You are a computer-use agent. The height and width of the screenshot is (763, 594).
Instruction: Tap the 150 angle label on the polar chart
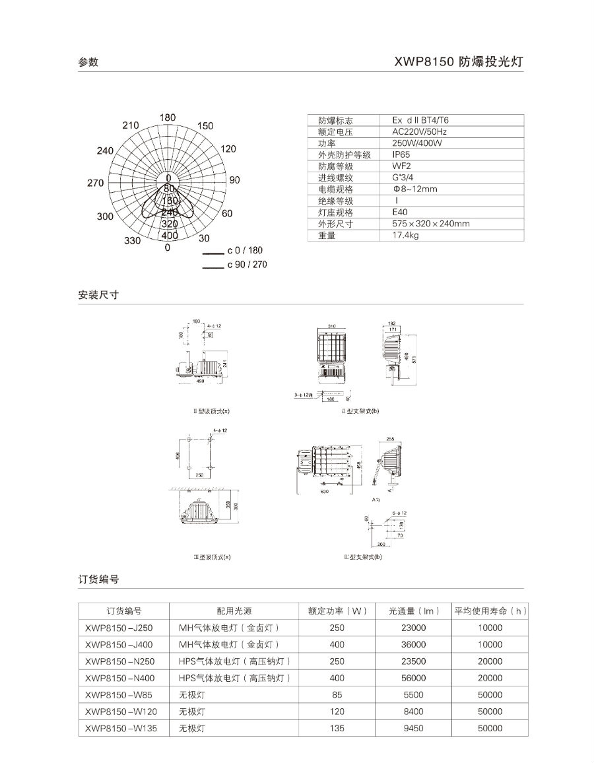coord(205,126)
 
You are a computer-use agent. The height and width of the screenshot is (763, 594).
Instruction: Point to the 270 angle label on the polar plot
coord(95,183)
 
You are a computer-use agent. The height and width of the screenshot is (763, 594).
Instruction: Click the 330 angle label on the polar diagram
coord(132,241)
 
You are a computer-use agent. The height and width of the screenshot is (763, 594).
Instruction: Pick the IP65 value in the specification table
coord(401,154)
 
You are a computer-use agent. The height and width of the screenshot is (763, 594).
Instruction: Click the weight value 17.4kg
coord(405,236)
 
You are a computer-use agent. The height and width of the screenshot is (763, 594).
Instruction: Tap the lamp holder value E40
coord(399,213)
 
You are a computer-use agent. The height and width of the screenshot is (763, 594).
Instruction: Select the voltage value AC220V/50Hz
coord(420,131)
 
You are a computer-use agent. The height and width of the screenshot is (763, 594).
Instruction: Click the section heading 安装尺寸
coord(98,295)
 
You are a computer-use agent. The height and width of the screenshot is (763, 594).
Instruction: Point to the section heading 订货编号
coord(98,580)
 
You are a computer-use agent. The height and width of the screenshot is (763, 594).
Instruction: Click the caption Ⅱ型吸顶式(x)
coord(208,411)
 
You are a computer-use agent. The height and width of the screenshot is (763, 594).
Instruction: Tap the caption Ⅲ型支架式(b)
coord(362,557)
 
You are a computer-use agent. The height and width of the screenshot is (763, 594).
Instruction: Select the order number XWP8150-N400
coord(119,678)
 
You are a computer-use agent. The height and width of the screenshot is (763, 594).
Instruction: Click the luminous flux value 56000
coord(414,678)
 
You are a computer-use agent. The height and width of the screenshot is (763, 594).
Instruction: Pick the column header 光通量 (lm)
coord(414,611)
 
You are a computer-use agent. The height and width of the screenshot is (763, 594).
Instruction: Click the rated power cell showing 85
coord(337,695)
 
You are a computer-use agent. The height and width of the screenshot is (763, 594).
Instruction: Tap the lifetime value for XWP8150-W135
coord(490,729)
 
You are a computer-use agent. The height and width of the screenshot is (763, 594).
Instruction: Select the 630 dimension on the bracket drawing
coord(324,491)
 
